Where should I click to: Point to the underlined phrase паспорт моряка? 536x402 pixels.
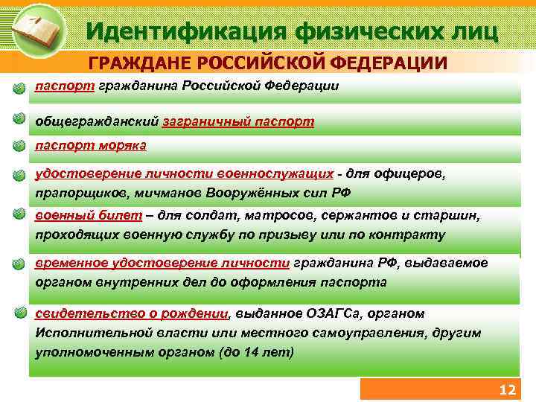point(91,145)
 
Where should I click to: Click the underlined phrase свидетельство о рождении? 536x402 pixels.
point(132,313)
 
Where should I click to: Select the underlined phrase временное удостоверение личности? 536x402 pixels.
point(162,263)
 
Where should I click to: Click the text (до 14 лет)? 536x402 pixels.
point(256,351)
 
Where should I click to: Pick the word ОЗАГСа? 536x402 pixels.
point(335,313)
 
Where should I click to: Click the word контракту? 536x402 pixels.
point(410,235)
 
